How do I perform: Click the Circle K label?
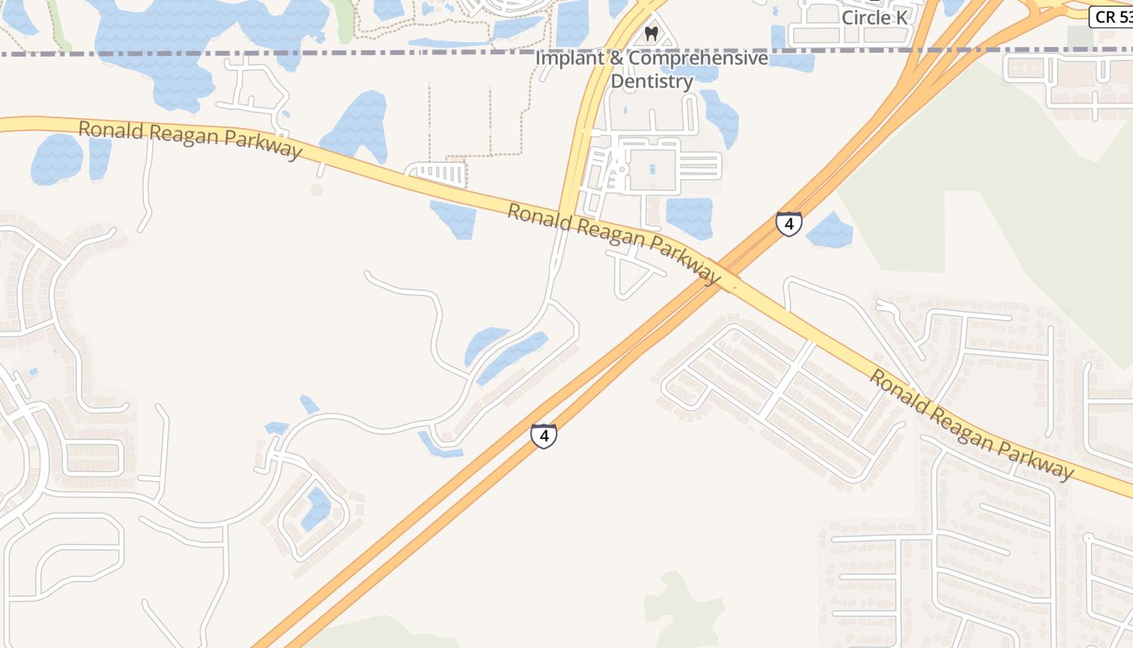(874, 18)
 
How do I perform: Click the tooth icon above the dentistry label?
(651, 34)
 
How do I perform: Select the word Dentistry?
(651, 81)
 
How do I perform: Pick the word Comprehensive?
(698, 59)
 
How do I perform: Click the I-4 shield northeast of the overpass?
(789, 224)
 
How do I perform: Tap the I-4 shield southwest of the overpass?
(544, 436)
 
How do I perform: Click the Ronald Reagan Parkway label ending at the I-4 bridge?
(613, 243)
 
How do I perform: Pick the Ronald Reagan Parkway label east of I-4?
(971, 424)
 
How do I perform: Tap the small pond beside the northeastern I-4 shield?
(830, 231)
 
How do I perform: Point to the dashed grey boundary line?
(324, 53)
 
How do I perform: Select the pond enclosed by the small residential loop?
(316, 509)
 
